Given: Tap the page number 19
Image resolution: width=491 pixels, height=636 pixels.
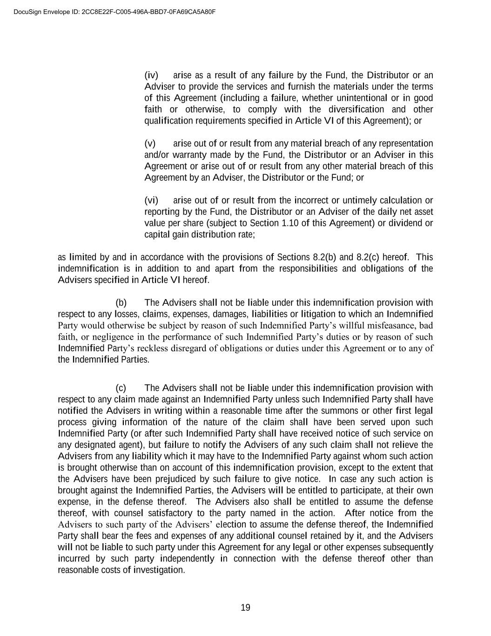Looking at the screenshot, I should (245, 608).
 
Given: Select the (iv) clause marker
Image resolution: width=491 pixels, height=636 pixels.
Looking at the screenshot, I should (151, 75).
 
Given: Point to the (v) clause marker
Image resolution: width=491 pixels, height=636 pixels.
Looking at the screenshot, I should (150, 144).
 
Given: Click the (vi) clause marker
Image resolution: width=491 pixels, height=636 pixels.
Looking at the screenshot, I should (151, 200).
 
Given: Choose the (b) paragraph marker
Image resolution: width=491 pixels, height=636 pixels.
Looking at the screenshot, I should (121, 303).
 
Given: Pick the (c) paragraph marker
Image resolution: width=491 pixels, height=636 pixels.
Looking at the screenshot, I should (121, 388).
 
